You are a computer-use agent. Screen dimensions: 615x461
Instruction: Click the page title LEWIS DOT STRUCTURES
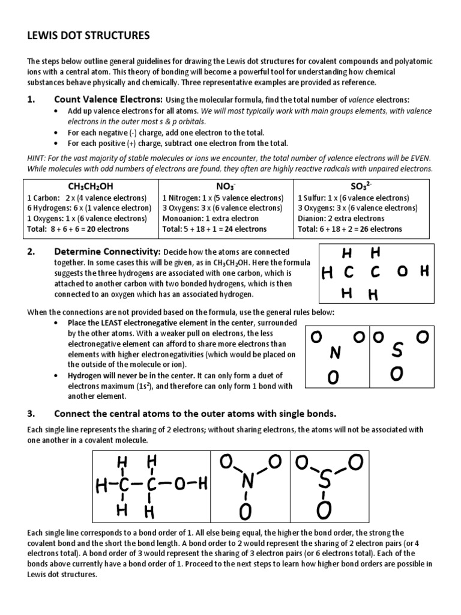coord(88,37)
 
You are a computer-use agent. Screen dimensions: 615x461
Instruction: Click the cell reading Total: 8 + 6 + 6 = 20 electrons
coord(78,229)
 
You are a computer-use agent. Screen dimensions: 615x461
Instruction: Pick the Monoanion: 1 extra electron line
coord(211,219)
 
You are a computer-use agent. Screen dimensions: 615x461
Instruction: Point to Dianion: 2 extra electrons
coord(341,219)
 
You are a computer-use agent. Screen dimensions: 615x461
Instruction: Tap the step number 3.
coord(31,414)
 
